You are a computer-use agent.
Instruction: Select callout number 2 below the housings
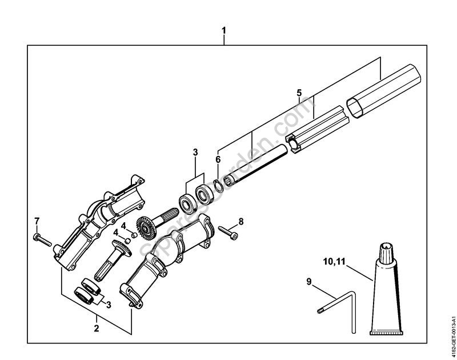point(96,328)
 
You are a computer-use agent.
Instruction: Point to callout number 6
point(218,159)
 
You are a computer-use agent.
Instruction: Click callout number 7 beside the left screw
point(37,221)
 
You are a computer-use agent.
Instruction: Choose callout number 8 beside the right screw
point(240,221)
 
